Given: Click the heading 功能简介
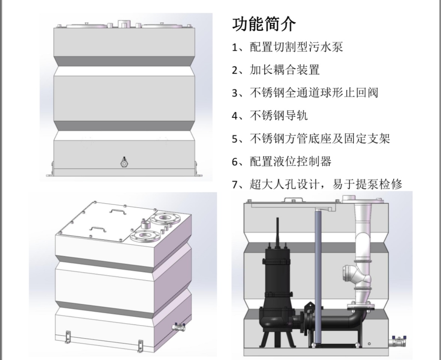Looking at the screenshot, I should [264, 25].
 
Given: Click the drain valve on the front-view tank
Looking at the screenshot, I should [124, 163].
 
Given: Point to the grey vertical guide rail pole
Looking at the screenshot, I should [319, 270].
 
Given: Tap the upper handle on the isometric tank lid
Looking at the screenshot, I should [116, 211].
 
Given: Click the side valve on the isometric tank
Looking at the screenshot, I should [179, 327].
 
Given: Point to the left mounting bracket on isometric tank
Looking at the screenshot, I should [68, 336].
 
